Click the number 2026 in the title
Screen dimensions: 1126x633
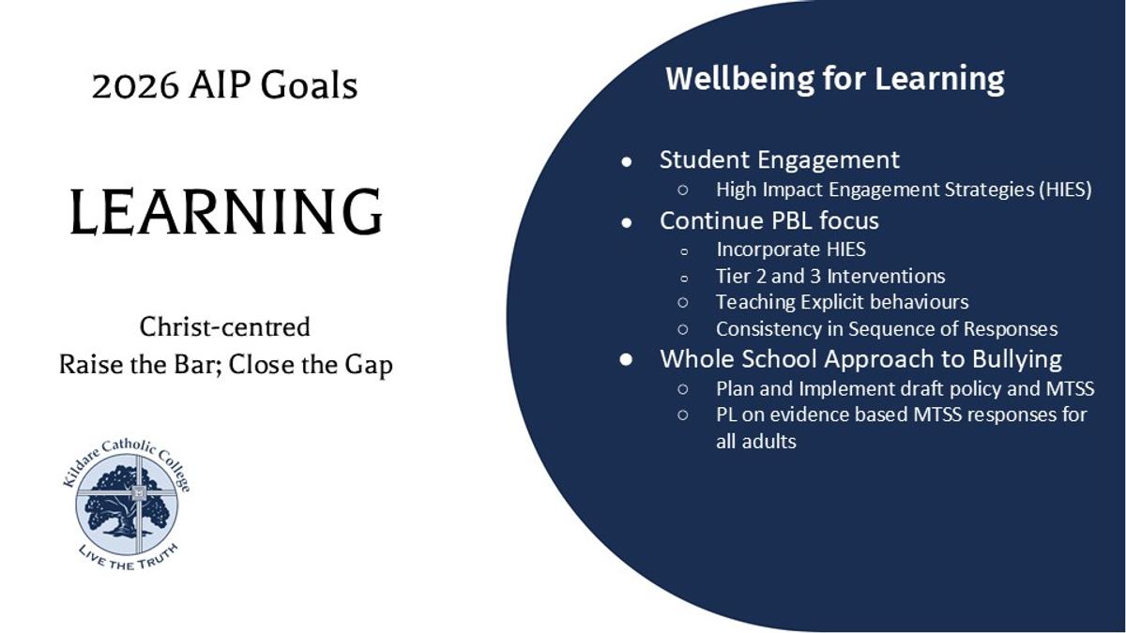(x=135, y=85)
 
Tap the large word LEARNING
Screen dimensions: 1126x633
(x=226, y=211)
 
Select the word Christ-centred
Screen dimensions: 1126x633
(x=224, y=327)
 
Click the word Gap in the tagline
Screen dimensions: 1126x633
(x=369, y=365)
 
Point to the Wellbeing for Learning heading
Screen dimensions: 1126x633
(x=835, y=79)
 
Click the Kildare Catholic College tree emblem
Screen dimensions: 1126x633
(x=127, y=504)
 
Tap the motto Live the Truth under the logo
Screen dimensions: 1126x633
(x=129, y=558)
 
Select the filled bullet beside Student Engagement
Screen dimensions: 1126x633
(x=627, y=161)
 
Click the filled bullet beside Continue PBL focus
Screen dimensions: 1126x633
(x=627, y=222)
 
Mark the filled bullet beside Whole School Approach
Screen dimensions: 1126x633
(x=627, y=360)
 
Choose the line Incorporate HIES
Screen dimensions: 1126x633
(x=791, y=249)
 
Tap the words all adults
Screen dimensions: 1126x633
(x=756, y=442)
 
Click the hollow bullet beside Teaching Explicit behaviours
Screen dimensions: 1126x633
(x=683, y=302)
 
